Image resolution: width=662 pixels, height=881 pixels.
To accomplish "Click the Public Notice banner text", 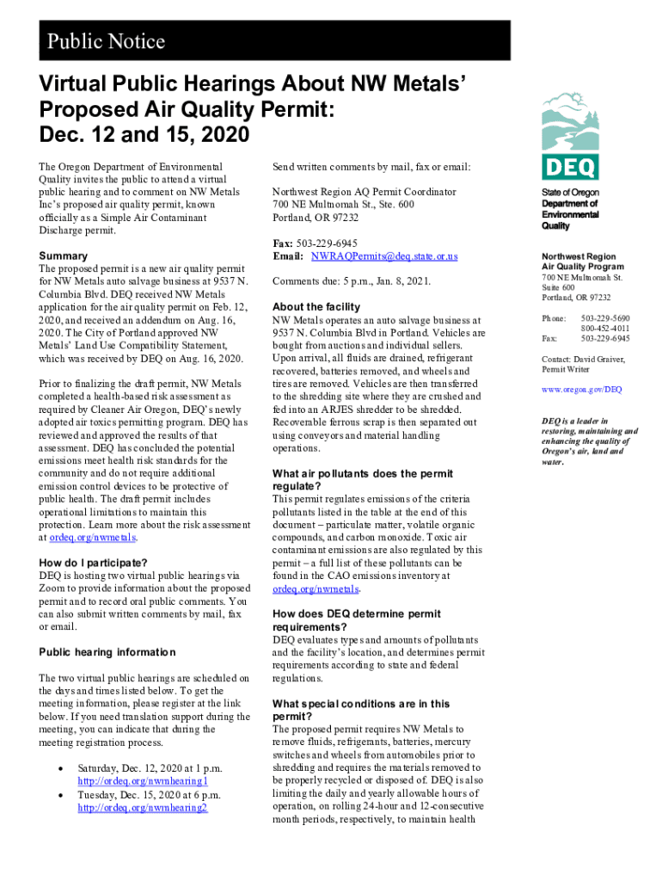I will coord(107,41).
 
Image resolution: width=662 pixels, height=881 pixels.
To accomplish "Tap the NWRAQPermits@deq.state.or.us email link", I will coord(384,256).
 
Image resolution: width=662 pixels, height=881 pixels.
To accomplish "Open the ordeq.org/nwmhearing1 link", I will coord(143,781).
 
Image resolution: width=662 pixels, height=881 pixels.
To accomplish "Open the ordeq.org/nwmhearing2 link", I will coord(143,808).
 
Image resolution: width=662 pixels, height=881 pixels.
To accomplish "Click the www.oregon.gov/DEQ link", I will coord(581,390).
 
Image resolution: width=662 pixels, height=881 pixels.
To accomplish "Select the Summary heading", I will coord(64,256).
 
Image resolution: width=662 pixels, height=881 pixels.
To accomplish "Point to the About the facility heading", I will coord(316,307).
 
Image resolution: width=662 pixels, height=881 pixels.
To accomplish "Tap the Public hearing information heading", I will coord(107,652).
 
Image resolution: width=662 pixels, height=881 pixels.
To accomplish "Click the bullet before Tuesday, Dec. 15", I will coord(57,796).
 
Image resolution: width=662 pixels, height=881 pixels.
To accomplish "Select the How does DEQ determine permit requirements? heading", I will coord(357,620).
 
